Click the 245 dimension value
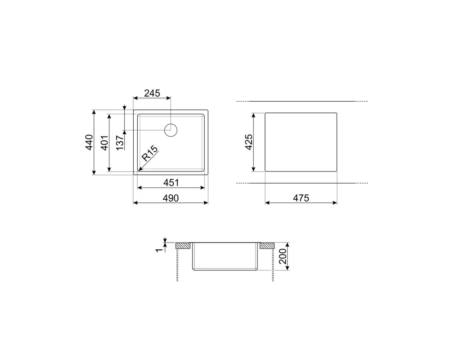(152, 93)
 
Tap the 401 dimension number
(104, 142)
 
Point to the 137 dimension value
(119, 142)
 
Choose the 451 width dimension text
(171, 183)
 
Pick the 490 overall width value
(171, 198)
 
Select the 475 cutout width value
(301, 198)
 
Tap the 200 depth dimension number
(283, 256)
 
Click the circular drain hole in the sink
(171, 130)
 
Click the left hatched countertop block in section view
(183, 245)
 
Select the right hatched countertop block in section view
(266, 245)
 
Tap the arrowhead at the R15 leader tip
(139, 170)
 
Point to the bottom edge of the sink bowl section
(225, 270)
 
